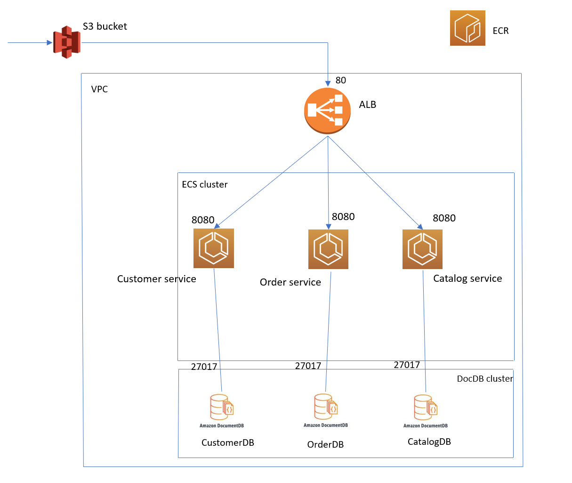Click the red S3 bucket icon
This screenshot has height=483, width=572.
pos(66,42)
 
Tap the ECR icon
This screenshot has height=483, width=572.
pos(467,28)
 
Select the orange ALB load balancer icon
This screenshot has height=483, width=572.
pos(327,111)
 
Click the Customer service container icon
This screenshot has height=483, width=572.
pos(213,248)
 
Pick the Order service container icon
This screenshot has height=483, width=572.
pos(328,249)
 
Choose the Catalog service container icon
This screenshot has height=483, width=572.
pos(422,249)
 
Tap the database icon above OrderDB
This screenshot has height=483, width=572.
pos(325,407)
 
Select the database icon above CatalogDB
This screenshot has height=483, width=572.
pos(425,407)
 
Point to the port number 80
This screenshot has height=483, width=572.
pos(340,81)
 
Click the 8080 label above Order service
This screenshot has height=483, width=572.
pos(343,217)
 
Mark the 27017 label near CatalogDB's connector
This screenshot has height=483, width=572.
pos(407,365)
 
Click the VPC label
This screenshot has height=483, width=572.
pos(99,90)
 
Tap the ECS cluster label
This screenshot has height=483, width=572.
pos(204,185)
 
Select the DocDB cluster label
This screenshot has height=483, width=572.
pos(484,379)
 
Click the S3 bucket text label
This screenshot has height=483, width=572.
pos(105,27)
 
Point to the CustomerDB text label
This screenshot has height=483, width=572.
pos(227,443)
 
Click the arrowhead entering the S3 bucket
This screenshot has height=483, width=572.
pos(49,43)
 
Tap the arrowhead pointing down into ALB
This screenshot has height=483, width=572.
pos(328,83)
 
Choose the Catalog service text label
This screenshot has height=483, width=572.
pos(467,278)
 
